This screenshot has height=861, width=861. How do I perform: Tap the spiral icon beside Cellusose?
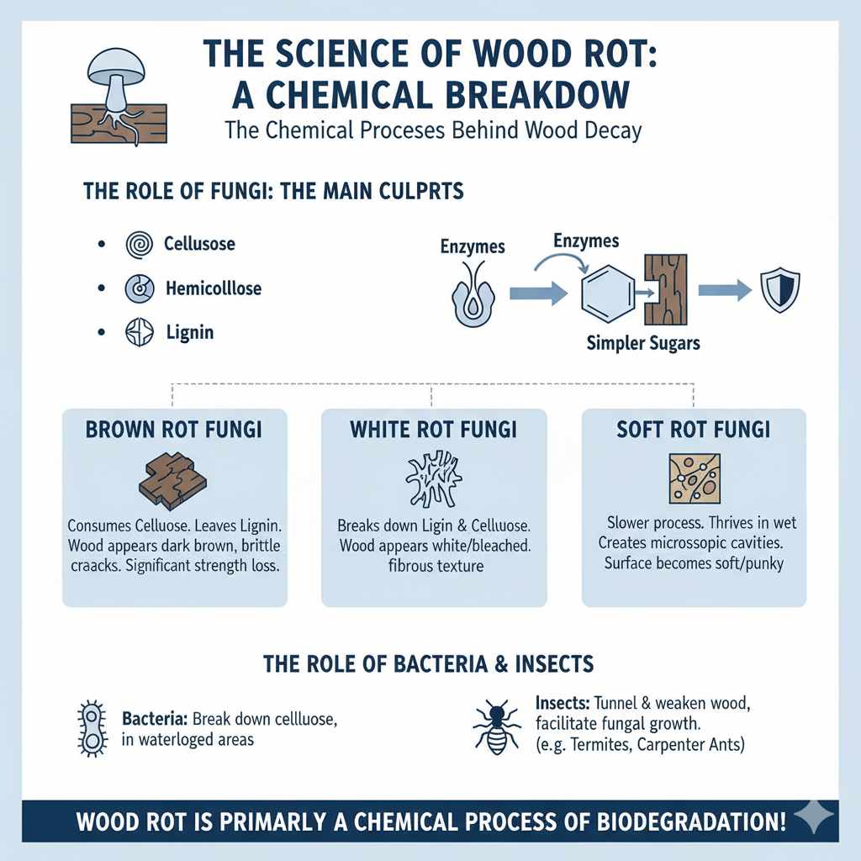click(136, 245)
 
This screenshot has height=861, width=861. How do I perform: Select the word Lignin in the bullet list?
click(189, 332)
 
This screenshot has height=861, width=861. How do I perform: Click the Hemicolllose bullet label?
click(213, 288)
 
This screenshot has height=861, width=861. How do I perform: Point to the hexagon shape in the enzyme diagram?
click(607, 293)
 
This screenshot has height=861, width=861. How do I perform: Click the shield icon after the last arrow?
click(779, 291)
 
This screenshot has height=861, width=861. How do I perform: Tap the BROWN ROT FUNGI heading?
click(174, 430)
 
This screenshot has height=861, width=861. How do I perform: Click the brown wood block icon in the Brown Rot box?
click(172, 480)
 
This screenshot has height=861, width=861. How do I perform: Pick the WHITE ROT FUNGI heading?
click(433, 430)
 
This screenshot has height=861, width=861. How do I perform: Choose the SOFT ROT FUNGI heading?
click(693, 430)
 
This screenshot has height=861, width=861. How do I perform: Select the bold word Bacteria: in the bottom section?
click(155, 720)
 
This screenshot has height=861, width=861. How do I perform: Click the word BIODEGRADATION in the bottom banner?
click(681, 821)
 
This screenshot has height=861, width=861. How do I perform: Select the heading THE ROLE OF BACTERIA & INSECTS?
click(429, 663)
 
